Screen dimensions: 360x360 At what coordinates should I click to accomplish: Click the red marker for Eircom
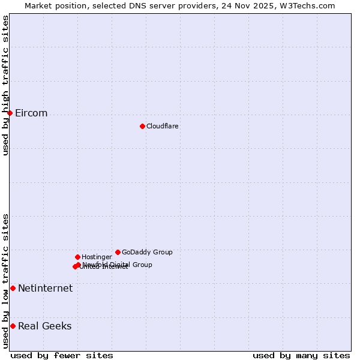pyautogui.click(x=10, y=113)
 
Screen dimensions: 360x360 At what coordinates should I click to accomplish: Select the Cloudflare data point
pyautogui.click(x=142, y=126)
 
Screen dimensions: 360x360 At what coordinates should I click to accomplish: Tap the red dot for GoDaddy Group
pyautogui.click(x=118, y=252)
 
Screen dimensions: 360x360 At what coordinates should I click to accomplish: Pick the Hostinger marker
pyautogui.click(x=77, y=257)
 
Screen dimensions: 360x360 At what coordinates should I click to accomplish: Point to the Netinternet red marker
pyautogui.click(x=13, y=288)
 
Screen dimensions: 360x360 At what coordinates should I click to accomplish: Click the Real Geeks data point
pyautogui.click(x=13, y=326)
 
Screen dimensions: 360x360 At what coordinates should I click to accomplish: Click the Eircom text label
pyautogui.click(x=31, y=113)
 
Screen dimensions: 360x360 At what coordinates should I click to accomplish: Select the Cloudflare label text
pyautogui.click(x=162, y=126)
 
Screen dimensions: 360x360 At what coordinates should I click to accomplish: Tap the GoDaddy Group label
pyautogui.click(x=147, y=252)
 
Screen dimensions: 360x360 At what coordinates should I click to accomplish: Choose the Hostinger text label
pyautogui.click(x=97, y=257)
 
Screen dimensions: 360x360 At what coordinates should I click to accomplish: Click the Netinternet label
pyautogui.click(x=45, y=289)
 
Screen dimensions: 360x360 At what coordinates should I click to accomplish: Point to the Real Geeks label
pyautogui.click(x=44, y=326)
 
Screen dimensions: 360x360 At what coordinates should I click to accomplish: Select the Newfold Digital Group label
pyautogui.click(x=118, y=264)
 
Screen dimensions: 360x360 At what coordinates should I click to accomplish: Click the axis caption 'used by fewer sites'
pyautogui.click(x=62, y=355)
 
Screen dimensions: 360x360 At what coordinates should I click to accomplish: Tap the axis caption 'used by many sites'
pyautogui.click(x=301, y=355)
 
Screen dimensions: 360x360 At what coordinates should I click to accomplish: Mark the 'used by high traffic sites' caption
pyautogui.click(x=5, y=85)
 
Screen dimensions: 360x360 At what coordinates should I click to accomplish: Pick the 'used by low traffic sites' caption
pyautogui.click(x=5, y=281)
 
